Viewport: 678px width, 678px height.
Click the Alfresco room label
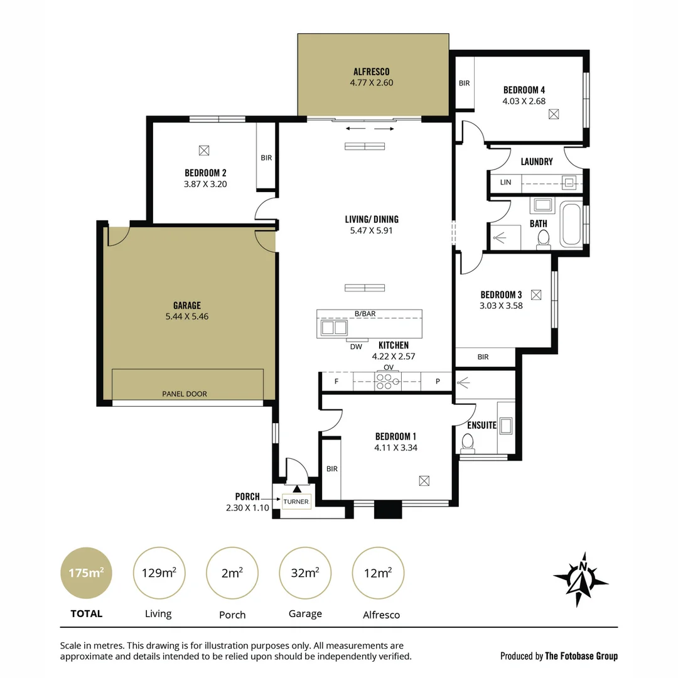tap(371, 72)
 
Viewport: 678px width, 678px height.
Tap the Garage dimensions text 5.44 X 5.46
tap(186, 317)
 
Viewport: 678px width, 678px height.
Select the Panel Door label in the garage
tap(184, 394)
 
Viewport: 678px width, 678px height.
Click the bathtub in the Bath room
tap(571, 224)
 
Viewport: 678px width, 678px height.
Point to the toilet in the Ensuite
tap(467, 443)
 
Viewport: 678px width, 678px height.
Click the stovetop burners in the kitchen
tap(388, 381)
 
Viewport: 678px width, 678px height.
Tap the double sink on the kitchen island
tap(334, 328)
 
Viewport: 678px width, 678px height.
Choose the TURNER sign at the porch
tap(296, 502)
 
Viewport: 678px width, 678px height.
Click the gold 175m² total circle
tap(86, 573)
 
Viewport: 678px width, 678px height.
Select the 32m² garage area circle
tap(305, 573)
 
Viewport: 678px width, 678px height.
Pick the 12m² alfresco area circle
tap(378, 573)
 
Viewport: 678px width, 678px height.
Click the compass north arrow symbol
tap(581, 579)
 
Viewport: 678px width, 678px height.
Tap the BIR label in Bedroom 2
tap(266, 158)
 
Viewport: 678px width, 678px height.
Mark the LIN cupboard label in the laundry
tap(505, 183)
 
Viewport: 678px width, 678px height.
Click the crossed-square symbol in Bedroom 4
tap(553, 114)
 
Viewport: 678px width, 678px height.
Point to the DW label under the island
tap(356, 346)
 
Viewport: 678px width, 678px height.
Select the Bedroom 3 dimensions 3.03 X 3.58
tap(501, 306)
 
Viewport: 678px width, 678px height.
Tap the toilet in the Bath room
tap(543, 239)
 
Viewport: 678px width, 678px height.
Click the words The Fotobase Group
tap(581, 656)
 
